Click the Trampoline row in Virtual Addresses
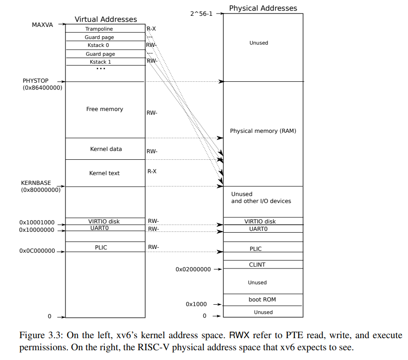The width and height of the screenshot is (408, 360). coord(99,29)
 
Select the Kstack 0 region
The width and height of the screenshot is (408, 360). coord(98,46)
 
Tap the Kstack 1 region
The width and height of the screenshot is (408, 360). coord(100,62)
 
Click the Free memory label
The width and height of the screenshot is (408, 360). coord(104,109)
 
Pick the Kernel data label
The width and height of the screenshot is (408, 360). coord(106,149)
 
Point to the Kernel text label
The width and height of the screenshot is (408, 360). coord(104,173)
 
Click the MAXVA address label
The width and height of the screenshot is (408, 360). coord(42,25)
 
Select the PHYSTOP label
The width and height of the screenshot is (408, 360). coord(35,81)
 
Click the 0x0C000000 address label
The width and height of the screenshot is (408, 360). coord(37,251)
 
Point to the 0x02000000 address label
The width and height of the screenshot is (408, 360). coord(193,269)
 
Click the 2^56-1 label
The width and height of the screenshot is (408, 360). coord(201,13)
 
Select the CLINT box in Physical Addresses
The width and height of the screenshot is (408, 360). coord(257,265)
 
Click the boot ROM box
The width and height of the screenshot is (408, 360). coord(262,300)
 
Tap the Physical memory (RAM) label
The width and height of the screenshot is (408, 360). coord(263,131)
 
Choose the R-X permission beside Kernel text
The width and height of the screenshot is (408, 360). coord(152,171)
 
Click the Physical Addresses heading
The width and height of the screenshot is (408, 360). coord(263,8)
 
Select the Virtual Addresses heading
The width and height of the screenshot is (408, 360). coord(106,20)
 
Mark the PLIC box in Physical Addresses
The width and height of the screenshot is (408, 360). coord(256,249)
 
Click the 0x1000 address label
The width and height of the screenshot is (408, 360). coord(196,304)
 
